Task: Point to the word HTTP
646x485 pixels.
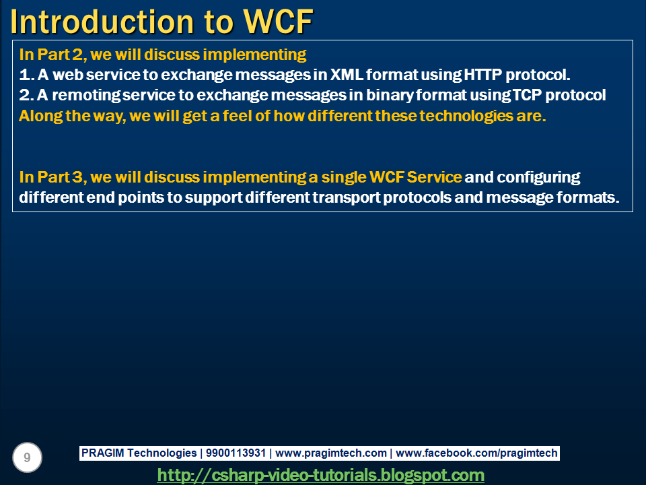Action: [481, 74]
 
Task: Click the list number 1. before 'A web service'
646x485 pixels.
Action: [26, 74]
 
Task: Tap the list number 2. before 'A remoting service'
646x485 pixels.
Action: [26, 95]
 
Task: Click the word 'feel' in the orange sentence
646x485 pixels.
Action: [216, 115]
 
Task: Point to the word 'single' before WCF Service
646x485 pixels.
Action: [343, 177]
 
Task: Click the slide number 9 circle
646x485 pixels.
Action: [27, 457]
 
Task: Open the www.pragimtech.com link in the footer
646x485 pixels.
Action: [331, 453]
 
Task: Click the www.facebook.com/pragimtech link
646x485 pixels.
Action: [476, 453]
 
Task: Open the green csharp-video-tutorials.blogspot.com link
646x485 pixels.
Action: [320, 475]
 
